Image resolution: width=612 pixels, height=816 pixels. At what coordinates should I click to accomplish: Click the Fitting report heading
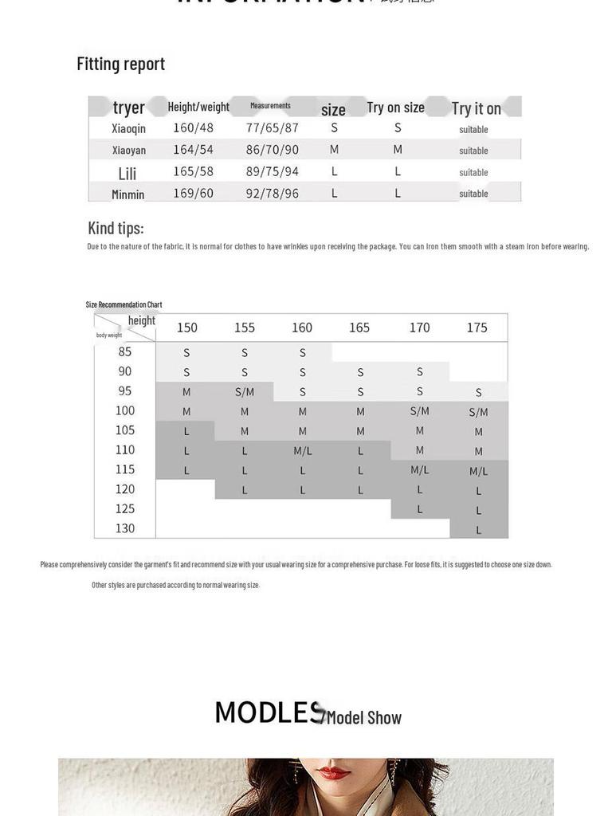point(120,64)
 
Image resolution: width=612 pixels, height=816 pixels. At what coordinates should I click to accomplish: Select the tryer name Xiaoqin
point(128,128)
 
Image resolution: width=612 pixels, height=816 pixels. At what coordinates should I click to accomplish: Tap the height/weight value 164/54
point(193,150)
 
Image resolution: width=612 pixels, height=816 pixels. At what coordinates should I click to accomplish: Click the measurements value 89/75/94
point(272,171)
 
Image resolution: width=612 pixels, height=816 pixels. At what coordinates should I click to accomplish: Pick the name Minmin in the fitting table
point(128,194)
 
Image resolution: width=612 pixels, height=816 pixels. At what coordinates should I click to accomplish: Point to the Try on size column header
point(395,108)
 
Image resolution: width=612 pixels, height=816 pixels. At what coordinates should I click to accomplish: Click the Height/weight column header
point(198,107)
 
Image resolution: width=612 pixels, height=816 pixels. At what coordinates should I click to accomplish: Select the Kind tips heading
point(116,229)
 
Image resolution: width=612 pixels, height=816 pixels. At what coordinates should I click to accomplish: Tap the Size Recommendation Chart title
point(124,304)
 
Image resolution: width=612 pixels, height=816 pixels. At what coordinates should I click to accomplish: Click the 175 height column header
point(477,328)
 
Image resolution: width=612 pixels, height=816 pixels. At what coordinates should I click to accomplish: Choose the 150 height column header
point(186,328)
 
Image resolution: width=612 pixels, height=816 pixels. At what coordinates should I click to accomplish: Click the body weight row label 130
point(125,528)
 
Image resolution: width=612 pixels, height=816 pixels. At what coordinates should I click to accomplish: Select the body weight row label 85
point(125,351)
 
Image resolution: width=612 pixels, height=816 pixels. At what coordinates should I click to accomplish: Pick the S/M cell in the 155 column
point(244,391)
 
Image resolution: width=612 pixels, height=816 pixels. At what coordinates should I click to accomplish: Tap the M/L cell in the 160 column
point(302,450)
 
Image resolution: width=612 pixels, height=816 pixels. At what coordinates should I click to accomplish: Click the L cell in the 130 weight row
point(478,529)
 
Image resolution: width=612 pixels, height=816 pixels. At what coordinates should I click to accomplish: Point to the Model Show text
point(363,717)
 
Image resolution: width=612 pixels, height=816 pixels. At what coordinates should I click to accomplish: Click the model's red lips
point(332,772)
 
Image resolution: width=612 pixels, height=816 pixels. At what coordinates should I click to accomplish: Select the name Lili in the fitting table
point(127,173)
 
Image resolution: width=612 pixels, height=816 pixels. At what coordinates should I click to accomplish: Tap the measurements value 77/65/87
point(272,127)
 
